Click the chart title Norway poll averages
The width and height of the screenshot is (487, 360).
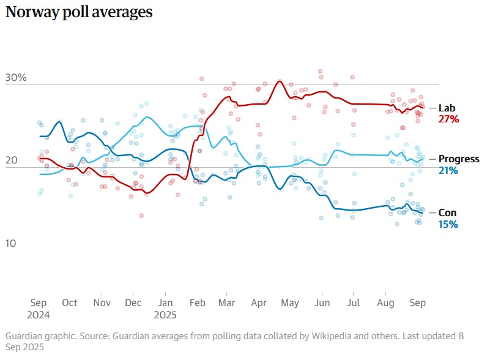pyautogui.click(x=79, y=12)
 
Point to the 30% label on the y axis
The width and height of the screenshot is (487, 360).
pyautogui.click(x=16, y=78)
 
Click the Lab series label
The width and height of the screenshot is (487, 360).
pyautogui.click(x=447, y=108)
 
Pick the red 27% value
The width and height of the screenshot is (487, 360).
pyautogui.click(x=448, y=119)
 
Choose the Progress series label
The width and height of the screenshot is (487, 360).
pyautogui.click(x=459, y=159)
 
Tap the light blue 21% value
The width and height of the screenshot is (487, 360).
pyautogui.click(x=448, y=170)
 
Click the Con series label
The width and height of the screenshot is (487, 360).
pyautogui.click(x=447, y=212)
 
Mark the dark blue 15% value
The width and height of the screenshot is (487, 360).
pyautogui.click(x=448, y=224)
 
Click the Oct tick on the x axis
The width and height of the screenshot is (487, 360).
pyautogui.click(x=70, y=303)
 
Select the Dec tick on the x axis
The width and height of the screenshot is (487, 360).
pyautogui.click(x=133, y=303)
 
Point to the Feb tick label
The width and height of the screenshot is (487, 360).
pyautogui.click(x=198, y=303)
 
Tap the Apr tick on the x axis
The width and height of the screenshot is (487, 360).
pyautogui.click(x=259, y=303)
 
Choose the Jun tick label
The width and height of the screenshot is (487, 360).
pyautogui.click(x=322, y=303)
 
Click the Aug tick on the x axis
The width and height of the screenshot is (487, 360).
pyautogui.click(x=385, y=303)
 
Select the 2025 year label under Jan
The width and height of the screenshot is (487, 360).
pyautogui.click(x=165, y=315)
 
